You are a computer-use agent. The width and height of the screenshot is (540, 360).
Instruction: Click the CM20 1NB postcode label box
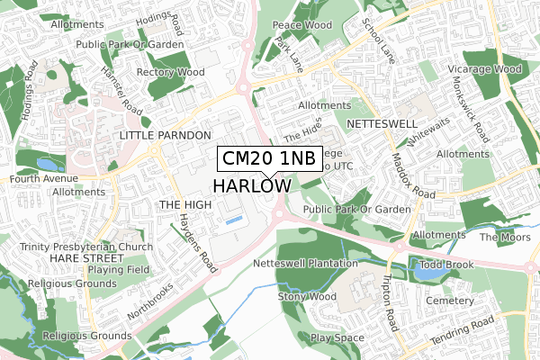pos(268,158)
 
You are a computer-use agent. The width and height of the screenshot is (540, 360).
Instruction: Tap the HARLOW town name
pos(252,185)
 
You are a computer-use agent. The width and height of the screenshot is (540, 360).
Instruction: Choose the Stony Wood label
pos(307,296)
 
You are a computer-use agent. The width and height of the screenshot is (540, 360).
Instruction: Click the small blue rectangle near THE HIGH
pos(233,219)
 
